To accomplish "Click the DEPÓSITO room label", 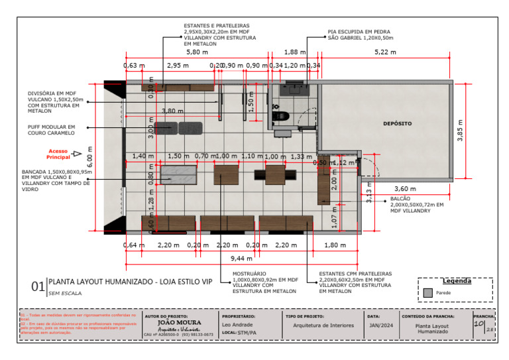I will [397, 123].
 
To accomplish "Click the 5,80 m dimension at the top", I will [196, 52].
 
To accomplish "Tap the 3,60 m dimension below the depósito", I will [405, 188].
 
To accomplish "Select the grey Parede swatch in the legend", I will [427, 292].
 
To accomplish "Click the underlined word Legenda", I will [456, 280].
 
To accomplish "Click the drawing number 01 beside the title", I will [38, 286].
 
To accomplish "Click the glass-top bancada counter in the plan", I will [179, 174].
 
